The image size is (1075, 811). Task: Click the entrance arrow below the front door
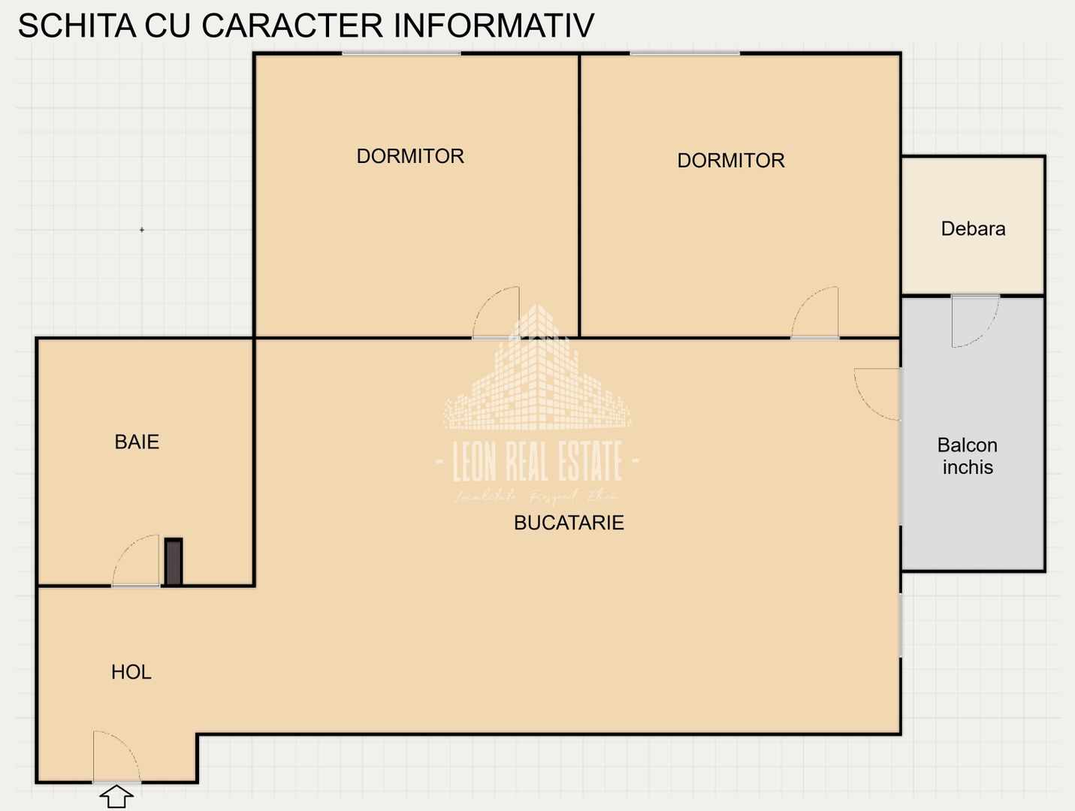(x=116, y=796)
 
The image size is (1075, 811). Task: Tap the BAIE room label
(x=137, y=442)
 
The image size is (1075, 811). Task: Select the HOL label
(x=131, y=672)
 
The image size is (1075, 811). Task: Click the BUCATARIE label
(x=569, y=523)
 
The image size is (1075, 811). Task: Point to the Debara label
(x=973, y=229)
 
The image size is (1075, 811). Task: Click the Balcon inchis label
(x=968, y=456)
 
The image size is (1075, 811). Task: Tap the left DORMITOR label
(x=410, y=156)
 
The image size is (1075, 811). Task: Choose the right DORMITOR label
(x=731, y=160)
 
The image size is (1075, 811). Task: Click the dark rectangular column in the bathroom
(x=174, y=562)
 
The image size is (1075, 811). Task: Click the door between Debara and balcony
(x=974, y=320)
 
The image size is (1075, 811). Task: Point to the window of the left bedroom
(x=401, y=53)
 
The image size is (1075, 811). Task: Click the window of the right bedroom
(x=684, y=53)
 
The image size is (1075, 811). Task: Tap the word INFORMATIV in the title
(x=494, y=26)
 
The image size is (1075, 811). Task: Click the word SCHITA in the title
(x=77, y=26)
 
